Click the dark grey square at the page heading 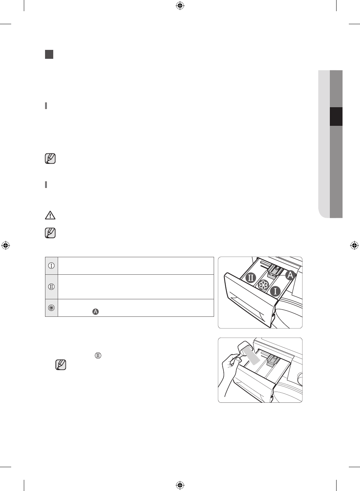pyautogui.click(x=49, y=54)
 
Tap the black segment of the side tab pyautogui.click(x=336, y=117)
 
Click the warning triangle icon pyautogui.click(x=50, y=215)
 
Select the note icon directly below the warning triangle pyautogui.click(x=50, y=233)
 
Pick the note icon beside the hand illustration pyautogui.click(x=61, y=365)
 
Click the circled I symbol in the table pyautogui.click(x=51, y=266)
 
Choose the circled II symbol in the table pyautogui.click(x=51, y=287)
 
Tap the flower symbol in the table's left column pyautogui.click(x=51, y=308)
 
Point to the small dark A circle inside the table pyautogui.click(x=96, y=312)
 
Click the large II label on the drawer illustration pyautogui.click(x=251, y=278)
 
